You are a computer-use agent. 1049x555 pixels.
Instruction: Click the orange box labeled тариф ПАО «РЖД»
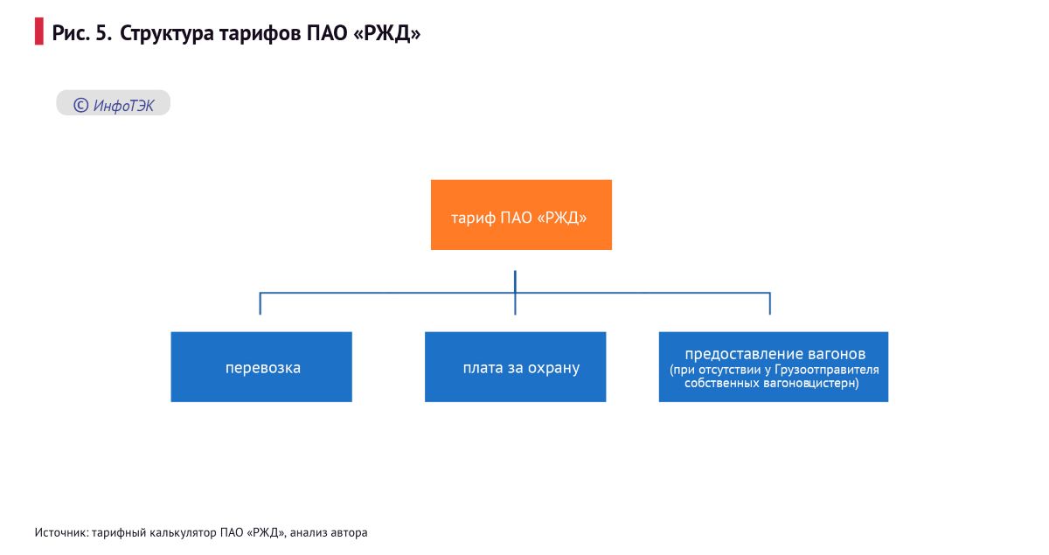pos(521,214)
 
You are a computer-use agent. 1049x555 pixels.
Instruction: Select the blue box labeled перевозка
pos(261,367)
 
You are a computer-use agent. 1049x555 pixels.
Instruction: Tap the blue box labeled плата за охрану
pos(515,367)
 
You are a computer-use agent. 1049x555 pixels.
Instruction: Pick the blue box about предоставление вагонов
pos(773,367)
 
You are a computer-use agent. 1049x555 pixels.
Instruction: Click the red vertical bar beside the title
pos(38,31)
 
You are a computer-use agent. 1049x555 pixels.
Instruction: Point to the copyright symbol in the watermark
pos(80,106)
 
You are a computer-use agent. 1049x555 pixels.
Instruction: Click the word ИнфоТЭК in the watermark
pos(123,106)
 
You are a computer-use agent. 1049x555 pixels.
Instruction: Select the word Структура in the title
pos(167,34)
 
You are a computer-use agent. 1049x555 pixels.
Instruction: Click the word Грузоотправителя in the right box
pos(827,370)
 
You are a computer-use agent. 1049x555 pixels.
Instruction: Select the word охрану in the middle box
pos(553,368)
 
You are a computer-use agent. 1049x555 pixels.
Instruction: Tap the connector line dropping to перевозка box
pos(261,303)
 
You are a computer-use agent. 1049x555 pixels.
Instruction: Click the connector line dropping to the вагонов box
pos(770,303)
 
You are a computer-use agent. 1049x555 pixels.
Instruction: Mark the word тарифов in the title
pos(260,34)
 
